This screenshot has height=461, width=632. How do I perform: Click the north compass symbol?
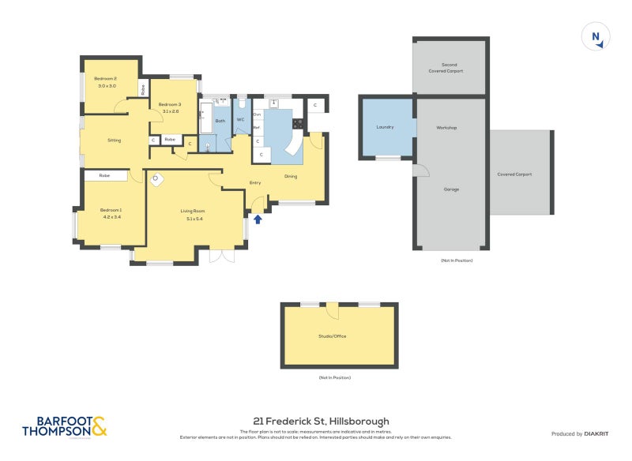click(596, 37)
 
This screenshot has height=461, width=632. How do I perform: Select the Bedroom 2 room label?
click(105, 78)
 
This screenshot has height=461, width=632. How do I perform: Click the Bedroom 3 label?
click(169, 105)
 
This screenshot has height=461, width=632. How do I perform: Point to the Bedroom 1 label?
click(111, 209)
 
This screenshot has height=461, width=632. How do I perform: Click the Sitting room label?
click(115, 140)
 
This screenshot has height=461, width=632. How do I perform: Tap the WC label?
click(240, 120)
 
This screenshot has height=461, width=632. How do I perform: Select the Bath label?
click(220, 121)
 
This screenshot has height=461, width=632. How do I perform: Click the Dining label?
click(291, 176)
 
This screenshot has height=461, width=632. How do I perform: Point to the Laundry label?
click(386, 127)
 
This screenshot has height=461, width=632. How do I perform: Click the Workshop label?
click(446, 127)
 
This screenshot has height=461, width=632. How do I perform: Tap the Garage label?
click(451, 189)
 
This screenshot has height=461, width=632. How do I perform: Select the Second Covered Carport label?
click(450, 68)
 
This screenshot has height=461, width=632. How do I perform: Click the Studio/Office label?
click(332, 336)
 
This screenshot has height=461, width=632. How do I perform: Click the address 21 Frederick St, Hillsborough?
click(321, 422)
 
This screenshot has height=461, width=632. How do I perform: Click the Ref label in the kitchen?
click(257, 127)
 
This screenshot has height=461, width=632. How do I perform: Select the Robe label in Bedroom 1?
click(104, 175)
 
